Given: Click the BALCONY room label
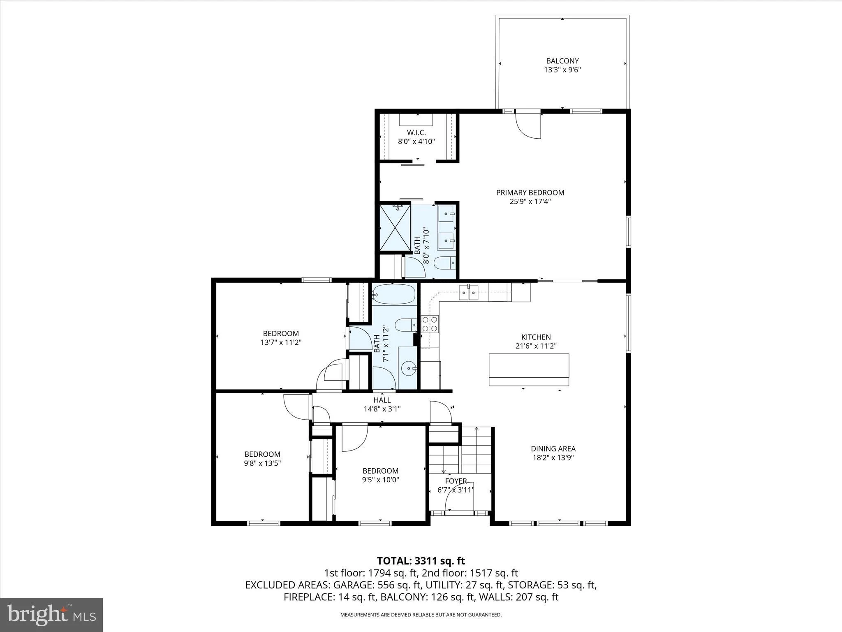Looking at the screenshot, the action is pos(562,61).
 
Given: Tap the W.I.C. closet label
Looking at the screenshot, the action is pos(416,132).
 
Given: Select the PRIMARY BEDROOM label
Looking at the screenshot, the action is pos(530,193).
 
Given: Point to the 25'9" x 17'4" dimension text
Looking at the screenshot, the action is pos(530,202).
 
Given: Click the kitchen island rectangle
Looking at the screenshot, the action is pos(529,369).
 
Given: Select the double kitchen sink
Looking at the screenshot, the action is pos(469,293).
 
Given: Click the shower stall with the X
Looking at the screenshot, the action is pos(395,228).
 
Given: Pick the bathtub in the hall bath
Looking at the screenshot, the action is pos(394,294).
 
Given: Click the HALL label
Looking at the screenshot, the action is pos(382,400).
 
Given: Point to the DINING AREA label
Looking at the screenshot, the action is pos(553,449).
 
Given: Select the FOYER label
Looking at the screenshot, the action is pos(456,481).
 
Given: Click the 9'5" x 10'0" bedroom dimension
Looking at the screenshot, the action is pos(380,480).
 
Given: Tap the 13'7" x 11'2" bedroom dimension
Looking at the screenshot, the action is pos(281,342).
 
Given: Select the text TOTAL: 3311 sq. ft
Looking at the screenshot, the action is pos(421,561).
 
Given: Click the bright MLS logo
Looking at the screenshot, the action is pos(52,615).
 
